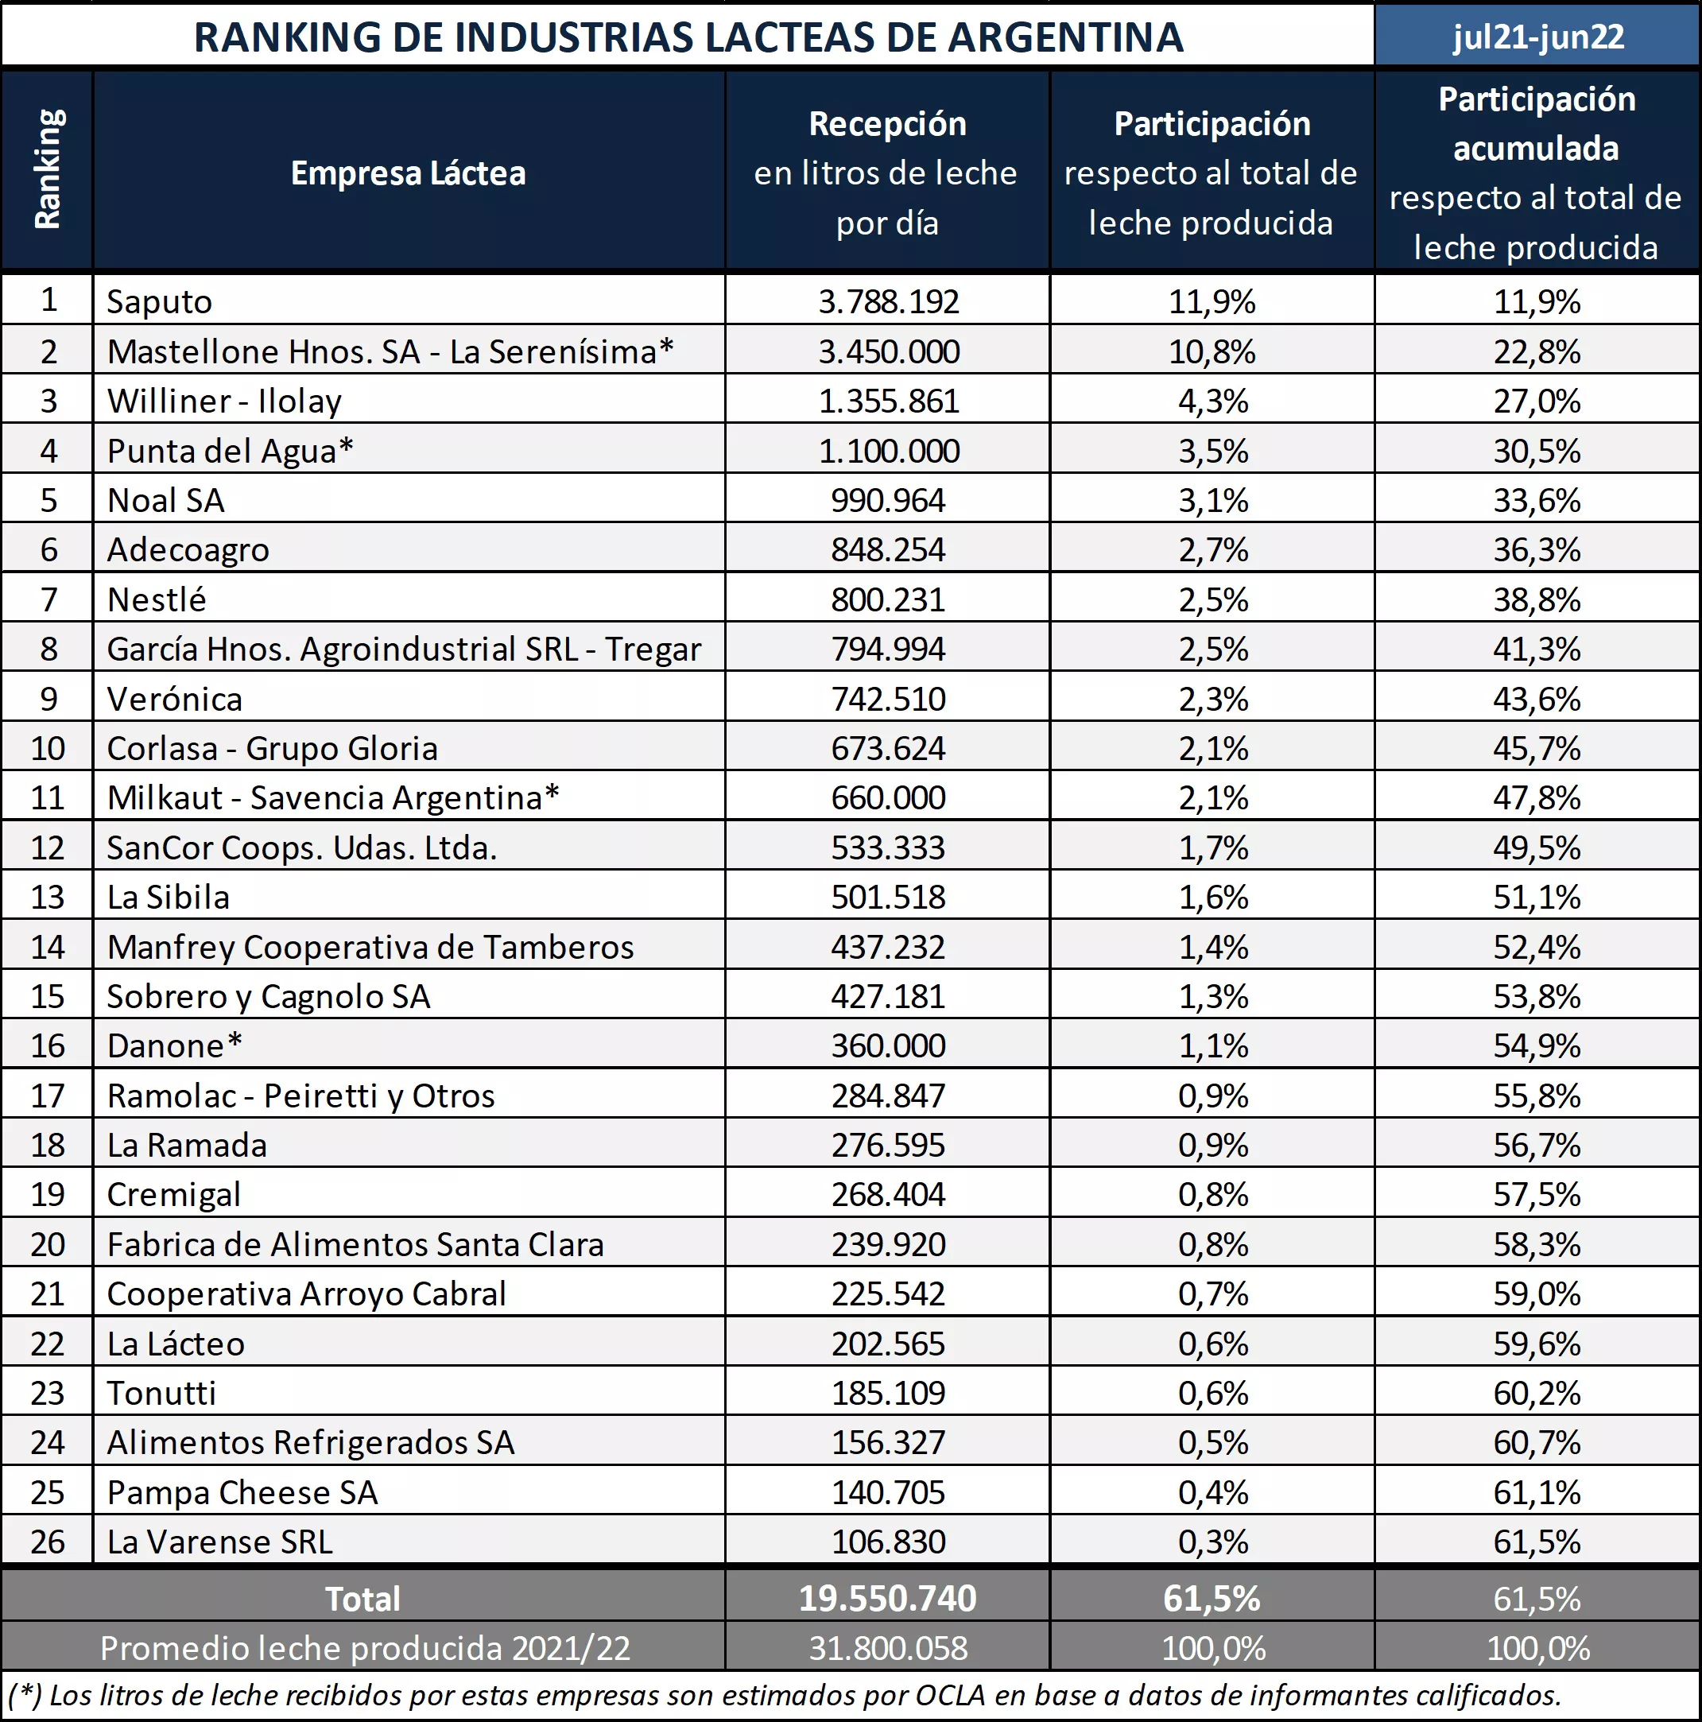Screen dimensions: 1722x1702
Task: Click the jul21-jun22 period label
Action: (x=1538, y=37)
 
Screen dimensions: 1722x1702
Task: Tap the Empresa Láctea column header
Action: (x=408, y=173)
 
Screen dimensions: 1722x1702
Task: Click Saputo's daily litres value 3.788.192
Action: (x=889, y=301)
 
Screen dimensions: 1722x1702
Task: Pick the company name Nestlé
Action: (x=157, y=599)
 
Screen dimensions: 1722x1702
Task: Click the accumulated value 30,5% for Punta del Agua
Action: (x=1537, y=451)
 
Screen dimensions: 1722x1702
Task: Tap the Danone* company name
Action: (x=175, y=1045)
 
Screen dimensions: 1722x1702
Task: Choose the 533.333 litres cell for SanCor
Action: (x=889, y=847)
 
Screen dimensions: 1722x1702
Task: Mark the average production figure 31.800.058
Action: (x=889, y=1648)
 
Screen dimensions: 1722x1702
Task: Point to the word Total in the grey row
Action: (x=362, y=1598)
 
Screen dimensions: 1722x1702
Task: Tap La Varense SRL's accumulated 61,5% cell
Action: (x=1537, y=1541)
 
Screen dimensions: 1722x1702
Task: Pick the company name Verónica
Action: (x=175, y=699)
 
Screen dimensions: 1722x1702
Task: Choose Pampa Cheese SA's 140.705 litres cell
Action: (x=889, y=1492)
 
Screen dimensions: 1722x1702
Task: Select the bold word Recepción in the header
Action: (x=887, y=124)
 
